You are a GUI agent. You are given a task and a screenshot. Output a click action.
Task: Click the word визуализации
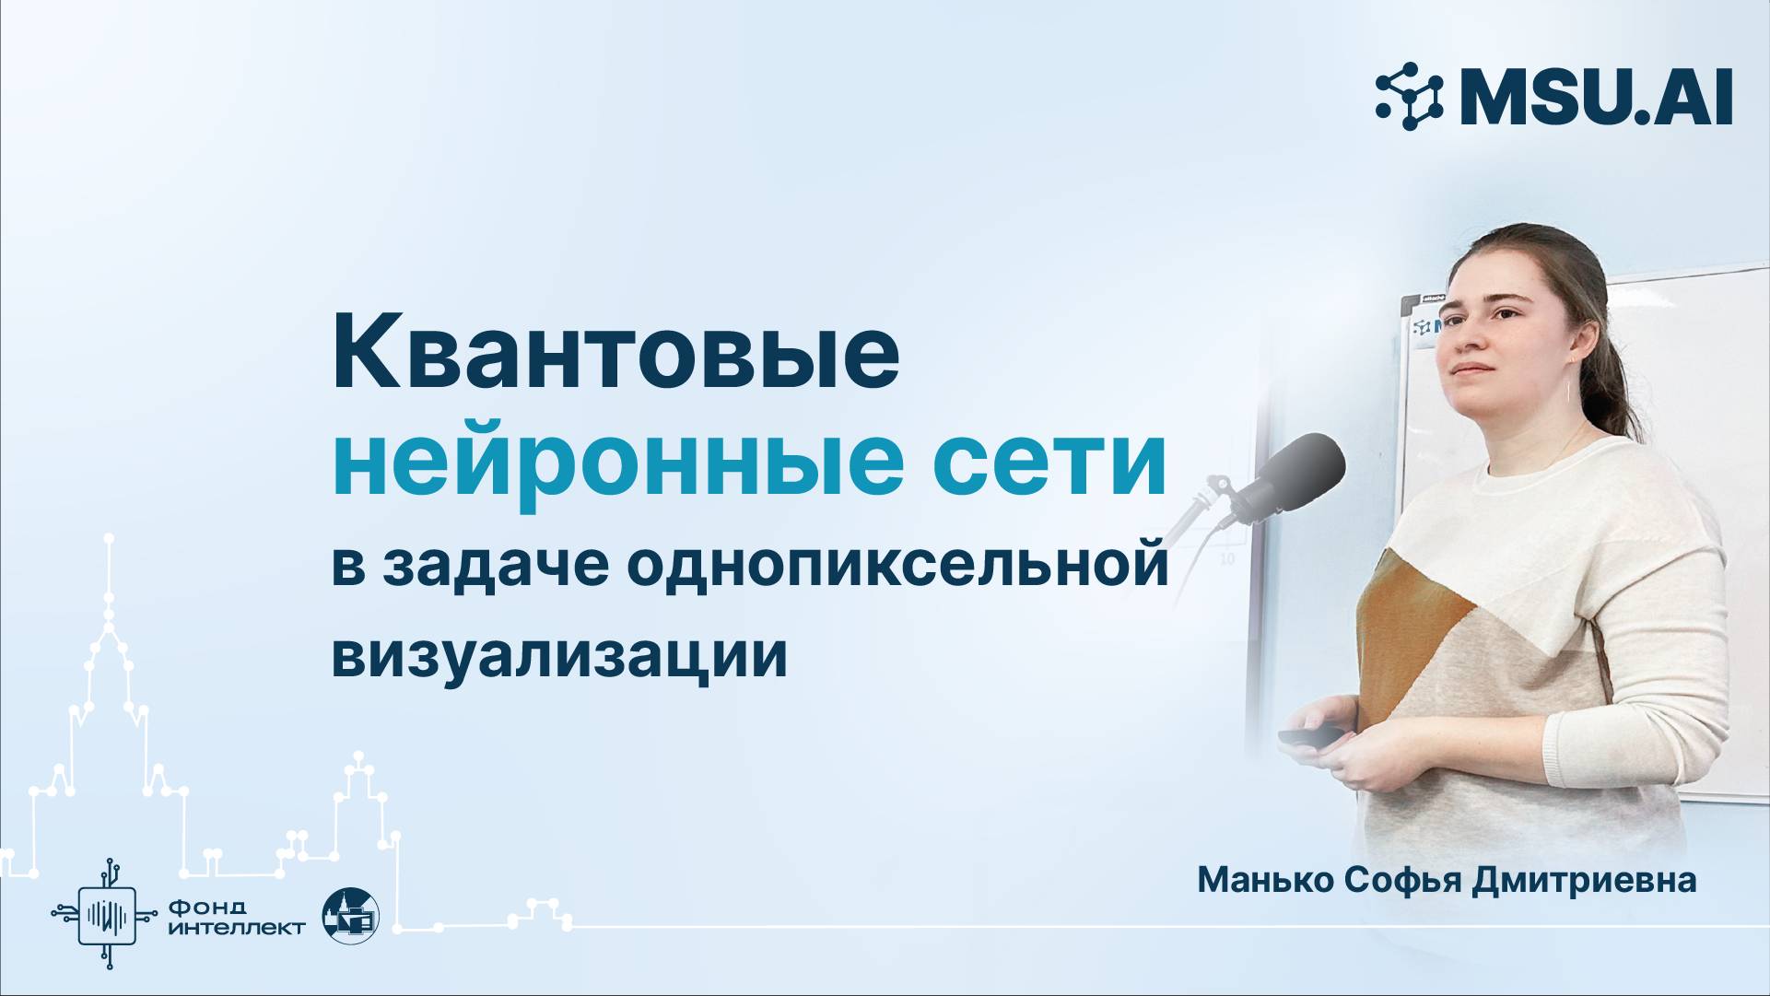[559, 655]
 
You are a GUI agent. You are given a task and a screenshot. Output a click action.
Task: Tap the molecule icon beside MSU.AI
[1410, 95]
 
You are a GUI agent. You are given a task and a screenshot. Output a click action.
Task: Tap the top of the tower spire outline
[110, 537]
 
